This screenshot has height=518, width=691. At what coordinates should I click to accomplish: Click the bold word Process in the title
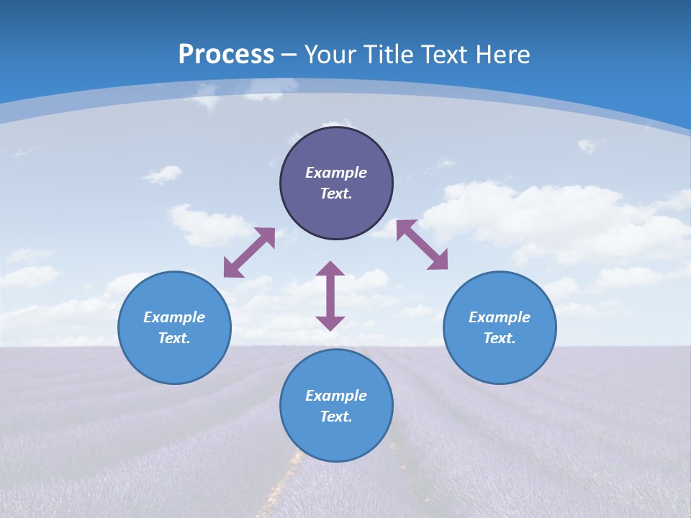coord(226,55)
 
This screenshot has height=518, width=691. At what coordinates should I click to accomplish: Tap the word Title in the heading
coord(387,55)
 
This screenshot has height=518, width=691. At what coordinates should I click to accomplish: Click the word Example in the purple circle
coord(336,173)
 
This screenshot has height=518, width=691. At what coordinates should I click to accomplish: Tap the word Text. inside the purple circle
coord(336,194)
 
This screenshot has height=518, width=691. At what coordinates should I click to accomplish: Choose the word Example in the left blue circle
coord(174,317)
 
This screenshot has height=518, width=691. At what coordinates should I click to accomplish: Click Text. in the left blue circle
coord(174,338)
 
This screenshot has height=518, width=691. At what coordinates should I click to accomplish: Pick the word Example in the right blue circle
coord(500,317)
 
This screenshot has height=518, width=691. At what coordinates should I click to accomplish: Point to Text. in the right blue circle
coord(500,338)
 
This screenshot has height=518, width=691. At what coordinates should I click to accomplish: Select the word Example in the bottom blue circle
coord(336,396)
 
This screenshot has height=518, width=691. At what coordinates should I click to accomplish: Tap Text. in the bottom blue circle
coord(336,417)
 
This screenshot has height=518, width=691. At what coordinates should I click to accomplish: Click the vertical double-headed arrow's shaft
coord(330,296)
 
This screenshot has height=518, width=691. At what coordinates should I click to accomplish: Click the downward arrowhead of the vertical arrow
coord(330,323)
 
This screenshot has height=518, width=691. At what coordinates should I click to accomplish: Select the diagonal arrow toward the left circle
coord(249,252)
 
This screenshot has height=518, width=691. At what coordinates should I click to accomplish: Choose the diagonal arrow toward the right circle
coord(422,245)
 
